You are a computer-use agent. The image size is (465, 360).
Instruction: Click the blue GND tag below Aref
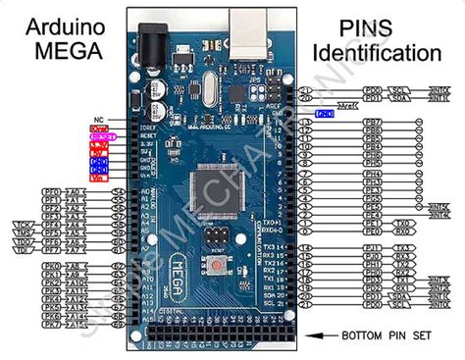pos(326,113)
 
